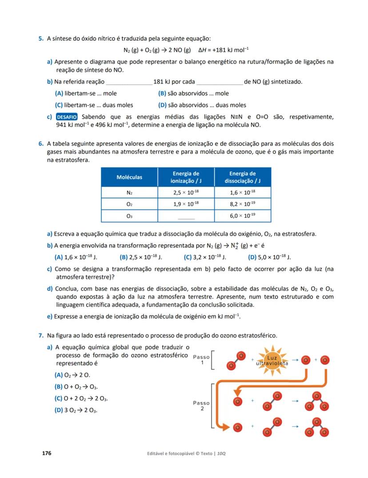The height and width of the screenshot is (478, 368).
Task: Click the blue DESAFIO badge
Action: click(x=67, y=117)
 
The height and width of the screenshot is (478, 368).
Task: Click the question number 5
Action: click(x=40, y=39)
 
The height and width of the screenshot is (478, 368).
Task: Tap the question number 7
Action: click(x=40, y=335)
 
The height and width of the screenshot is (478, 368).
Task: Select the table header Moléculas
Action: click(x=129, y=177)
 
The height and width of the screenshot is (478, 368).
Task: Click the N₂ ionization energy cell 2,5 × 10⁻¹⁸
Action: click(x=186, y=193)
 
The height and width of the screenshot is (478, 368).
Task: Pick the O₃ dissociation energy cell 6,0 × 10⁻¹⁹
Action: click(x=242, y=216)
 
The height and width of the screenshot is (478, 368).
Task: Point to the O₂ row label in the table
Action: click(x=129, y=204)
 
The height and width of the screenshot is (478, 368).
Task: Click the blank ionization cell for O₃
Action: click(x=186, y=216)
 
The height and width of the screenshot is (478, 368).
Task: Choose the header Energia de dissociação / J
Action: click(x=242, y=177)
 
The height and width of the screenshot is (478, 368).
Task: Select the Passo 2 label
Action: click(x=201, y=406)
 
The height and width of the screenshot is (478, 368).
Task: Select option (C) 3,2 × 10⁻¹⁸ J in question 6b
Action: click(x=205, y=257)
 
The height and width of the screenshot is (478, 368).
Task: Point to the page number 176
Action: click(x=47, y=453)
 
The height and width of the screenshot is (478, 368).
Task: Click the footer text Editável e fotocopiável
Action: click(x=173, y=454)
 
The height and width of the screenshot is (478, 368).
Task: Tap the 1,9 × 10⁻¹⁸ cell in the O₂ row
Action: click(x=186, y=204)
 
